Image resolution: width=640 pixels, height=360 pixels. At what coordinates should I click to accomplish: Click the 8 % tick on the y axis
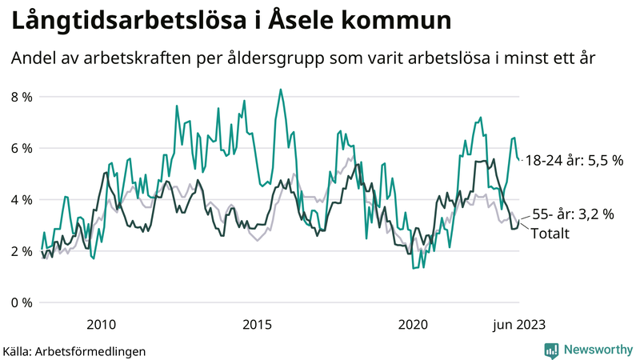pos(22,97)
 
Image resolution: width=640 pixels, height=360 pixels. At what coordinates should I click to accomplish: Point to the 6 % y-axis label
pos(22,148)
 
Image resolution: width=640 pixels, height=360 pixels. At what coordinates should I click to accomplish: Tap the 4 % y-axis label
pos(22,199)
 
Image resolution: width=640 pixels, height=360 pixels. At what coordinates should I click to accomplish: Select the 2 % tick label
pos(22,251)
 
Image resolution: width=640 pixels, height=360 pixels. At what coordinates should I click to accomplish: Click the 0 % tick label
pos(22,302)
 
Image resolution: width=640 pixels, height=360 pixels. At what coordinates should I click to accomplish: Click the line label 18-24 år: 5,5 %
pos(574,161)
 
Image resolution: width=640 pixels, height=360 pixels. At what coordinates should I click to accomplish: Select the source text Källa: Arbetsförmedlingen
pos(74,350)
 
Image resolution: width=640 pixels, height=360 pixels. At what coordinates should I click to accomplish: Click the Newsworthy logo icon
pos(551,350)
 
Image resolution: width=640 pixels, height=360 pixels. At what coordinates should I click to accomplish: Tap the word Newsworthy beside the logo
pos(598,350)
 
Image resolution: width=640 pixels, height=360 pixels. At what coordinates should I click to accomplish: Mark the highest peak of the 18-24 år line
pos(280,90)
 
